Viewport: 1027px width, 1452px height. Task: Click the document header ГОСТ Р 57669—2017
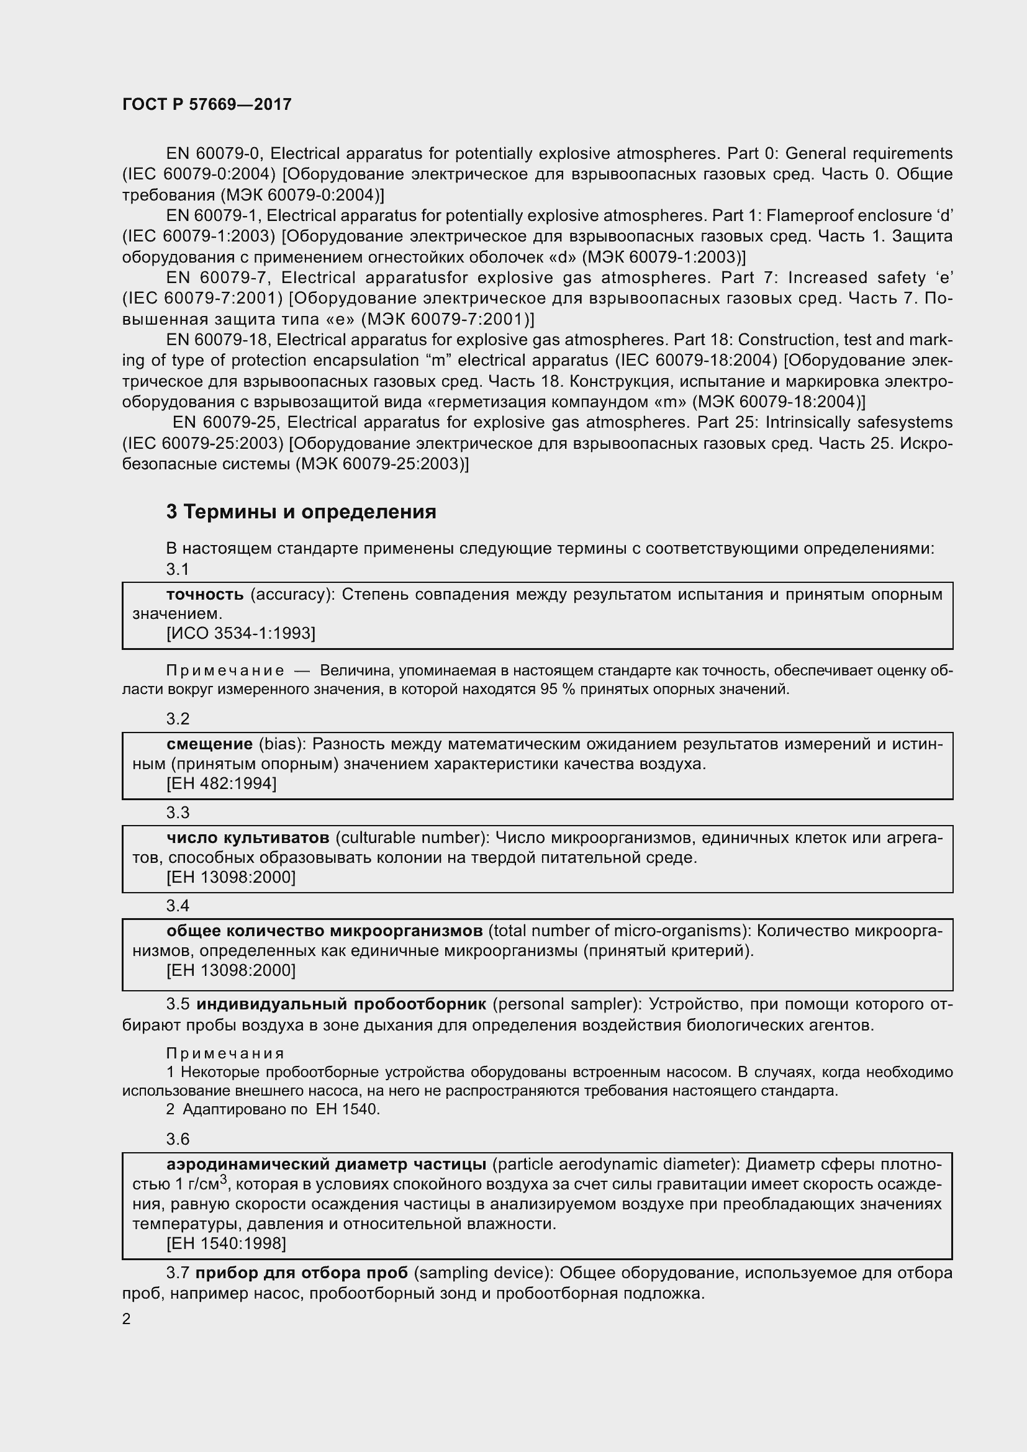(207, 104)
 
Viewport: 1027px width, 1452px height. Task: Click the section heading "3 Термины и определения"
(301, 512)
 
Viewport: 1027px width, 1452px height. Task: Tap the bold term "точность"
(205, 595)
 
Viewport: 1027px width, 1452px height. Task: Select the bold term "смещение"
(210, 744)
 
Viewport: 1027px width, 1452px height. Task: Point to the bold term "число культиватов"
(248, 838)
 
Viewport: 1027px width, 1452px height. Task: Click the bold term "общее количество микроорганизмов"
(324, 931)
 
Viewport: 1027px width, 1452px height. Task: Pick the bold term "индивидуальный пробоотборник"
(342, 1004)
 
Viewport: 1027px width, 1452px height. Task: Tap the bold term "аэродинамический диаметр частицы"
(327, 1164)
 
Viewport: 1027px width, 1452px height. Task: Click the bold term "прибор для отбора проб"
(302, 1273)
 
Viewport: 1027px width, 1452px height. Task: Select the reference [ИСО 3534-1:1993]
(240, 633)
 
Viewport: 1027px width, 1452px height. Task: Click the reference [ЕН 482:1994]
(221, 783)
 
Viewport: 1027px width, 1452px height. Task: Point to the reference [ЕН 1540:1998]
(227, 1244)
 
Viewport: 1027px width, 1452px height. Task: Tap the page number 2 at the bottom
(127, 1319)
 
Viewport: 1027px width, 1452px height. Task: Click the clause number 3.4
(178, 906)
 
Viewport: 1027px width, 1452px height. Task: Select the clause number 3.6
(178, 1139)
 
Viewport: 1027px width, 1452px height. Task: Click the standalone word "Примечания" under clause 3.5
(225, 1053)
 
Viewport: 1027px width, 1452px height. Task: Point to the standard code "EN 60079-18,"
(219, 340)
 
